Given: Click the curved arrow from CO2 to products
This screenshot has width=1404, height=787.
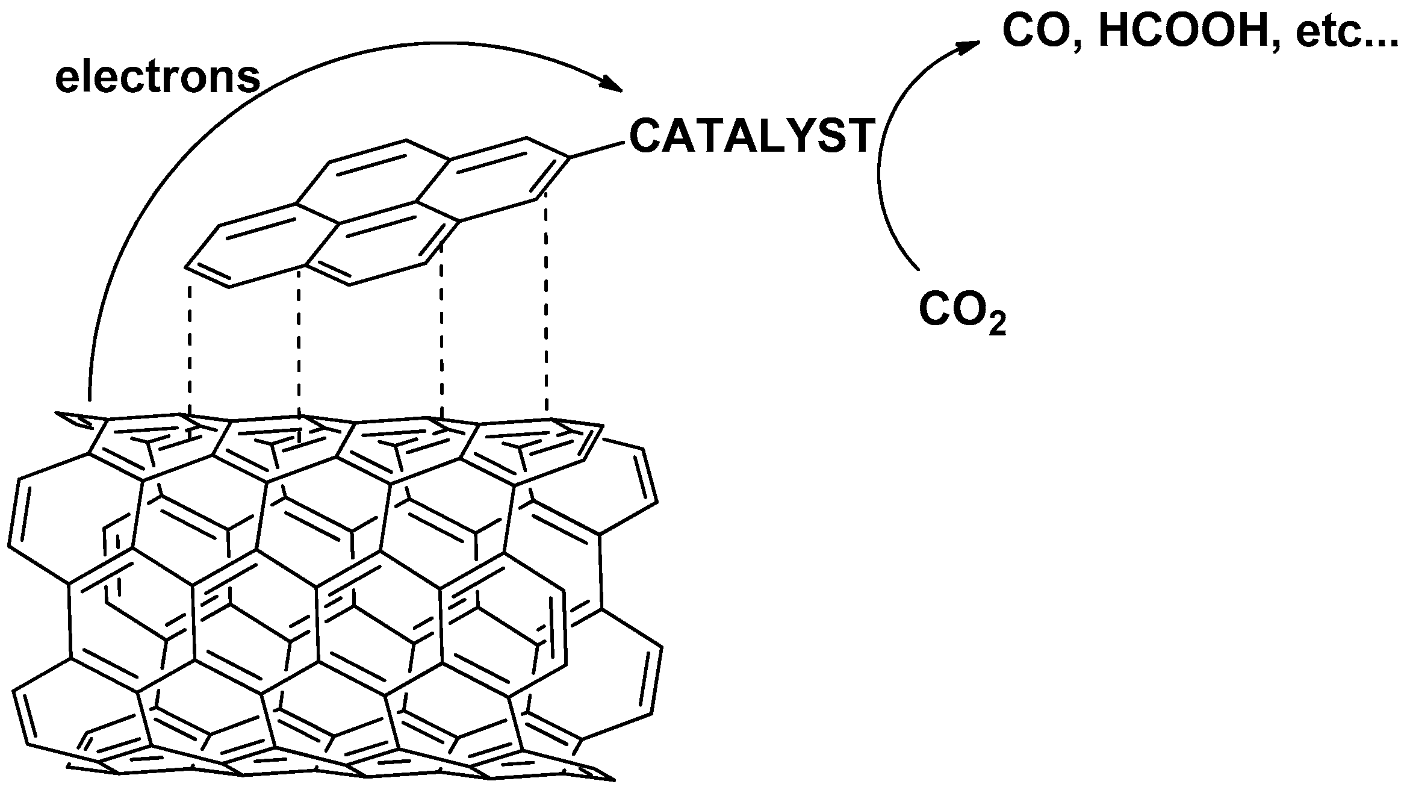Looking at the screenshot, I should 880,169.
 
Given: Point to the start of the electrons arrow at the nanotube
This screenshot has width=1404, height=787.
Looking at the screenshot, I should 89,391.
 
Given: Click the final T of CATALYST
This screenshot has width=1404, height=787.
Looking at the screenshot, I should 860,136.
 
